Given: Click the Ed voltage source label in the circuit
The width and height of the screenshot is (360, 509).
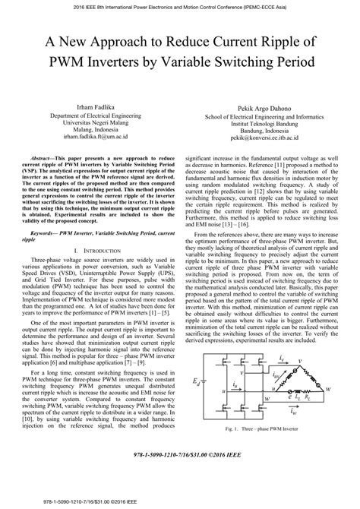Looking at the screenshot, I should pyautogui.click(x=197, y=422).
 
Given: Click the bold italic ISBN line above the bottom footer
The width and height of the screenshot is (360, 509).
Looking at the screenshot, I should pyautogui.click(x=180, y=484).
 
